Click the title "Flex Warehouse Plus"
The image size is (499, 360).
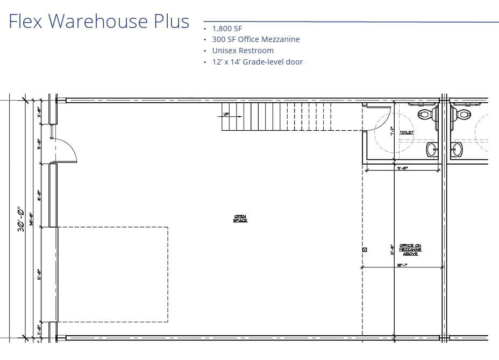coord(99,22)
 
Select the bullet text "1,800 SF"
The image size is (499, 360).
coord(228,28)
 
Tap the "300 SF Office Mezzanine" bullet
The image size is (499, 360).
coord(255,39)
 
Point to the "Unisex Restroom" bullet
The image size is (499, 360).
coord(243,51)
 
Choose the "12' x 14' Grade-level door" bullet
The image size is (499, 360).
coord(257,62)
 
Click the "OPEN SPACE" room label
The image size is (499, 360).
coord(240,218)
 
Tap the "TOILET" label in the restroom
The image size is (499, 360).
coord(407,132)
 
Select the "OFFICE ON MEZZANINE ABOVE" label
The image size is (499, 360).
coord(410,250)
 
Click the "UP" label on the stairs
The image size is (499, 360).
coord(226,114)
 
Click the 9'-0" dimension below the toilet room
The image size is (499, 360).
coord(402,168)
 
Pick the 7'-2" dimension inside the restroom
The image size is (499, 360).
coord(393,130)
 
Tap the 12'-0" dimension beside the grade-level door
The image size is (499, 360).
coord(39,274)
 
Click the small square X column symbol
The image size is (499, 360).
coord(365,250)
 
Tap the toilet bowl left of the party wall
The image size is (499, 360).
coord(427,114)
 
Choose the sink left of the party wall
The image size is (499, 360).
coord(431,149)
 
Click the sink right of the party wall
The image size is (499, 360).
coord(457,149)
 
